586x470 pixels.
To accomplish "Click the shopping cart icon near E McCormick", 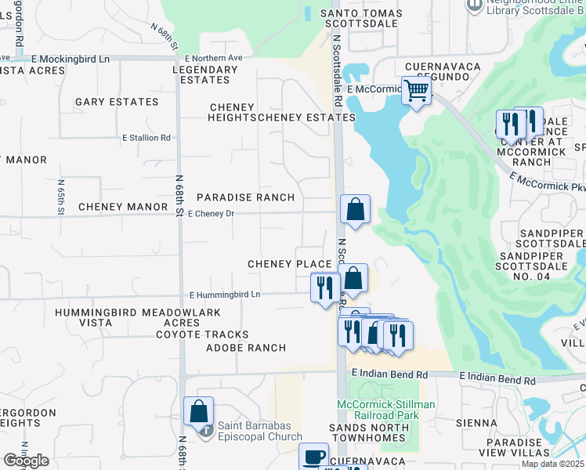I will [x=417, y=91].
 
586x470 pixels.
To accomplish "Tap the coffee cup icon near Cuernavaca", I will [x=314, y=456].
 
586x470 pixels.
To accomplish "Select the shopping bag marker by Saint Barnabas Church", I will [x=199, y=410].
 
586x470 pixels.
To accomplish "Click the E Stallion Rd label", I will [x=146, y=138].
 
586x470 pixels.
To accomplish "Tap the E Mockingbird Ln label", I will [x=71, y=59].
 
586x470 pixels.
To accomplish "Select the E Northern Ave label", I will [x=214, y=58].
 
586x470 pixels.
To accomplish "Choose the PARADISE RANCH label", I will [x=245, y=197].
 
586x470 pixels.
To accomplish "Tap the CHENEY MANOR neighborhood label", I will [x=123, y=207].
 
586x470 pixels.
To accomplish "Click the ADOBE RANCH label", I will [x=246, y=347].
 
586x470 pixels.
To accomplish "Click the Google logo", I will [x=26, y=461].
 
